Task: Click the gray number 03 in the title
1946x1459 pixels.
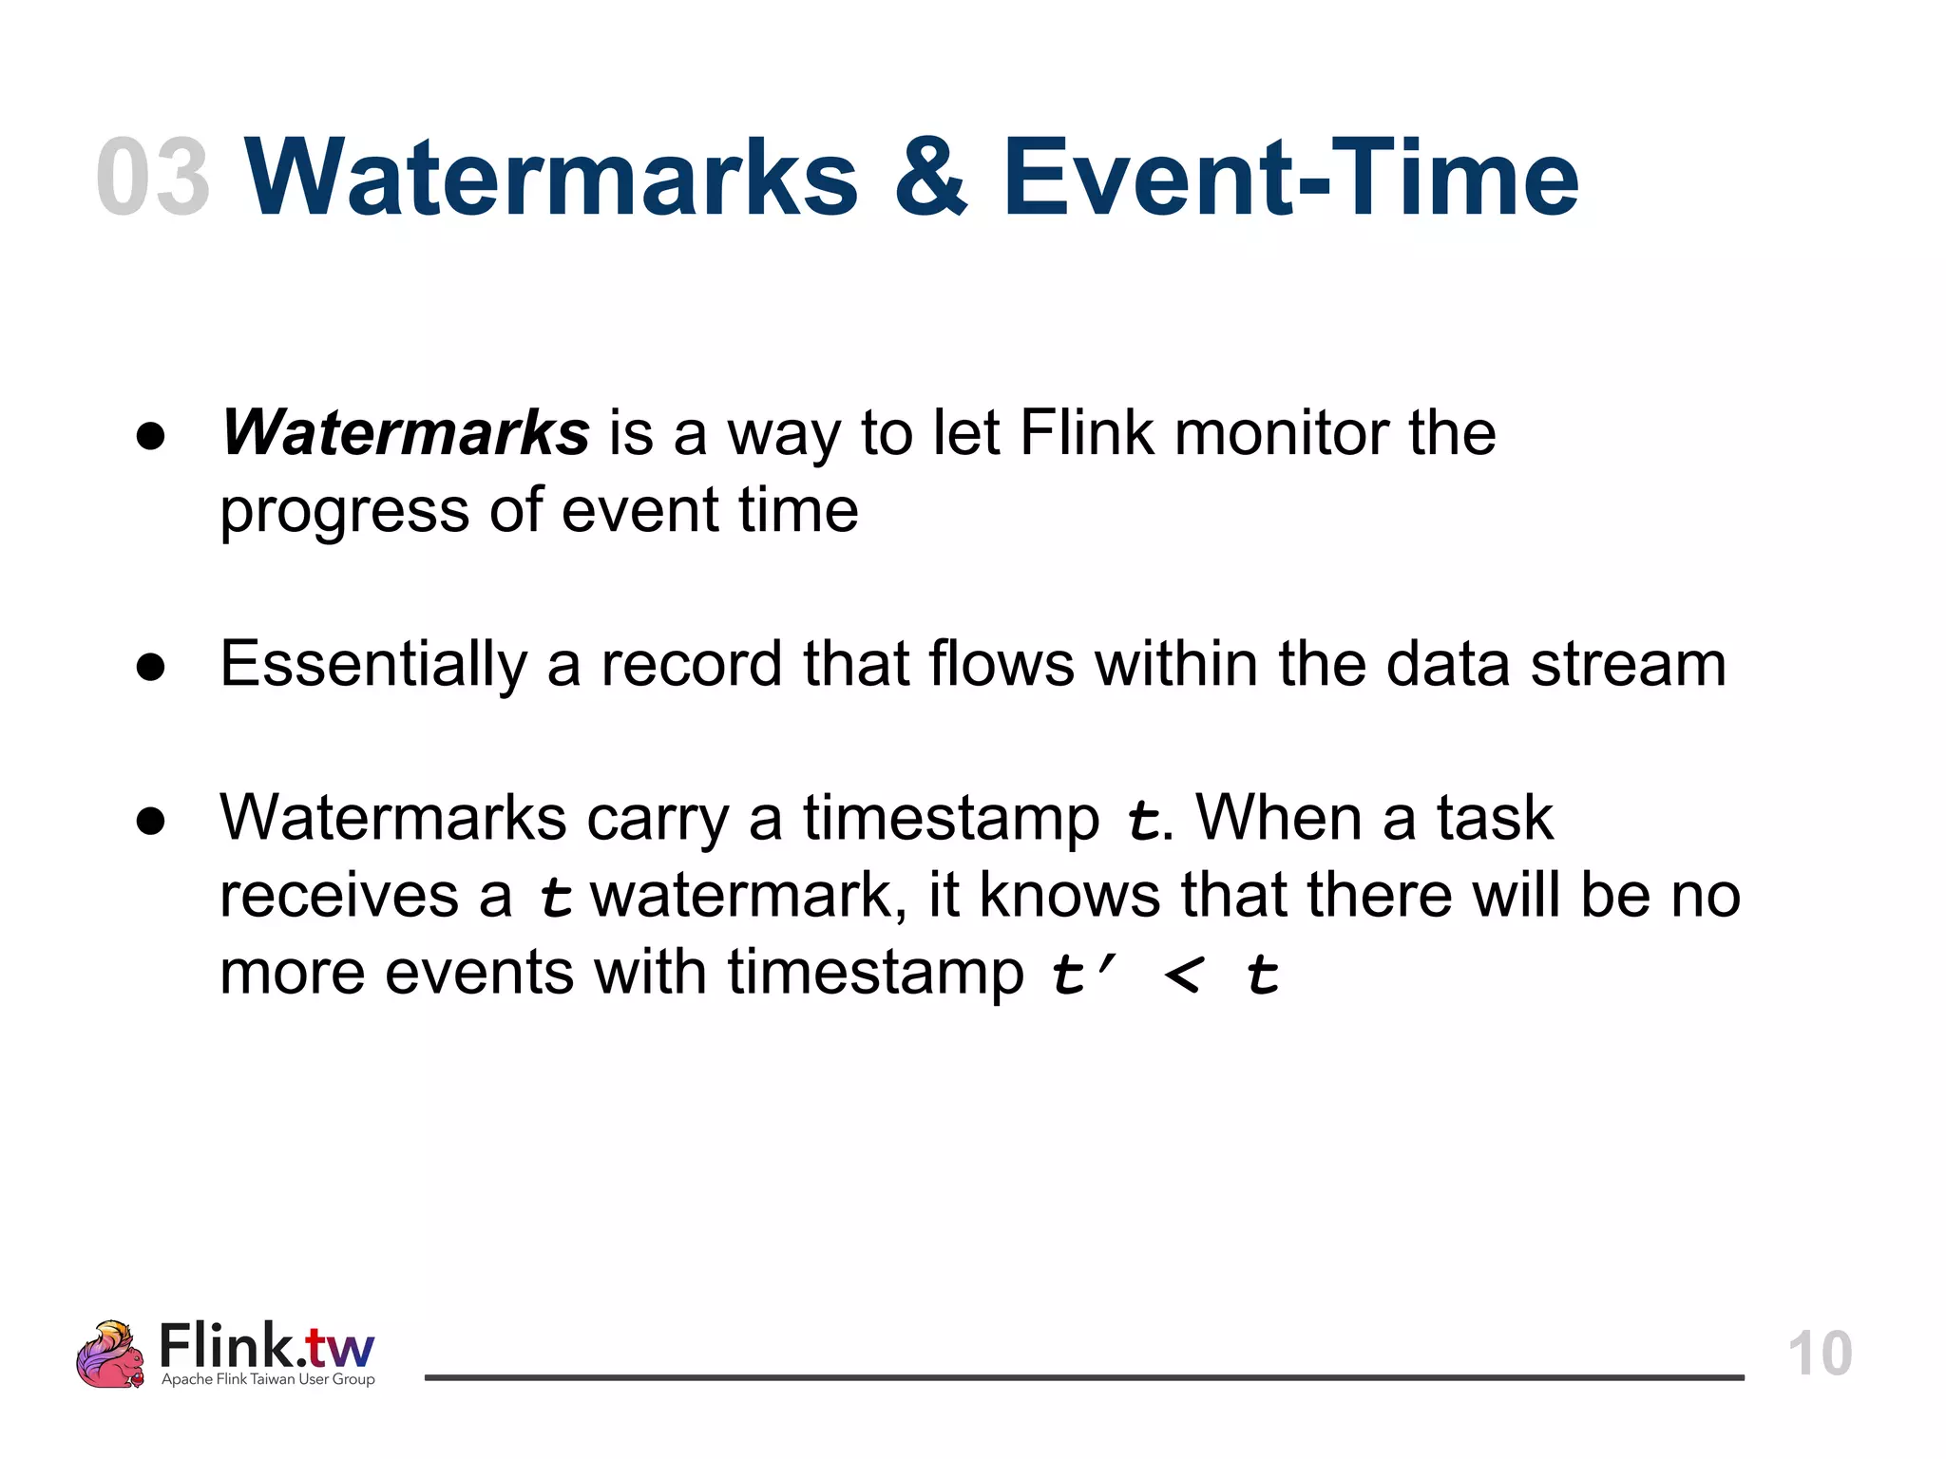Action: [x=153, y=178]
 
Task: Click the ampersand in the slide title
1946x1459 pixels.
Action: [x=930, y=178]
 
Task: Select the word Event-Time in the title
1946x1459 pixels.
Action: [x=1289, y=178]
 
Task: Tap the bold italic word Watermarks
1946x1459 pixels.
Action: [x=406, y=433]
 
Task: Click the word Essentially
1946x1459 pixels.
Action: [x=372, y=664]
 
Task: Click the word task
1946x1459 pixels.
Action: [x=1495, y=818]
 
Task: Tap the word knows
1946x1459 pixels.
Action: [x=1069, y=895]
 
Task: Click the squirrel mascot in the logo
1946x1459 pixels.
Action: [x=111, y=1355]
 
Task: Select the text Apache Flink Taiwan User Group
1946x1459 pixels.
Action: [x=268, y=1379]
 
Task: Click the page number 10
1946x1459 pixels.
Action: [x=1820, y=1354]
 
